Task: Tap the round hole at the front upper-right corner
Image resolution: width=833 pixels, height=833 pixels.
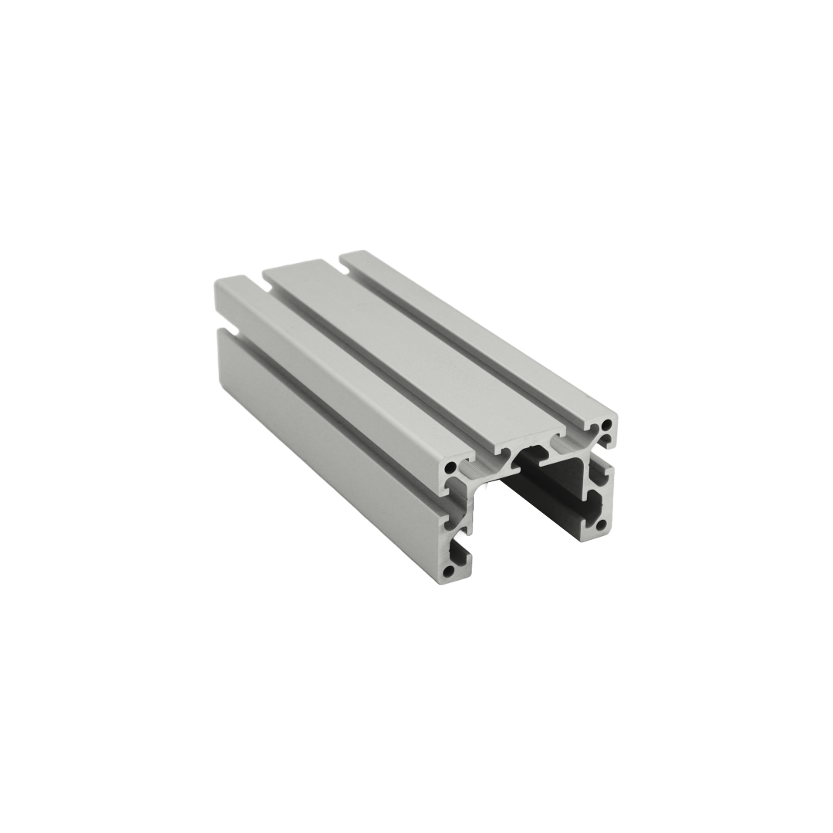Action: (609, 424)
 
